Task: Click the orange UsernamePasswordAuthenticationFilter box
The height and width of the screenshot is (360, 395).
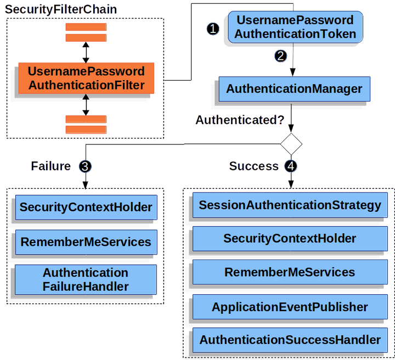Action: point(86,78)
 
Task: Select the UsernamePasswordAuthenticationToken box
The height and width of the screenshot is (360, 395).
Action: point(295,27)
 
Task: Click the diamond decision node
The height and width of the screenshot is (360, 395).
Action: point(291,145)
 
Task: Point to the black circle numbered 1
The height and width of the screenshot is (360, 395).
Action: point(213,29)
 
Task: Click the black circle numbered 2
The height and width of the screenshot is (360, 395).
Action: point(281,56)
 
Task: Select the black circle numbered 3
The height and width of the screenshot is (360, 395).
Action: point(85,166)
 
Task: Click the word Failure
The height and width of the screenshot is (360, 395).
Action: point(51,166)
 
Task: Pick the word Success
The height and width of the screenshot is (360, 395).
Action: point(253,166)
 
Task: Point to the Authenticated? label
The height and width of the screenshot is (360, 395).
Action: point(240,120)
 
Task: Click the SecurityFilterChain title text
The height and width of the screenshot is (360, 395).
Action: point(61,9)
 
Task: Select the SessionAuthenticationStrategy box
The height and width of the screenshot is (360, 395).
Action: point(290,205)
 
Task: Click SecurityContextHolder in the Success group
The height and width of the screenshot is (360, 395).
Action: point(290,239)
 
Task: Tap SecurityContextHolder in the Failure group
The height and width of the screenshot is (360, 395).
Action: point(86,207)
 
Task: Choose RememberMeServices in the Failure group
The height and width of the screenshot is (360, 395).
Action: point(86,241)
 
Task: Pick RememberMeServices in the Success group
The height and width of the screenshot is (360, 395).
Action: point(290,272)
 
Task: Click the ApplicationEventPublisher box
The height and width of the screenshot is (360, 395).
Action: point(290,306)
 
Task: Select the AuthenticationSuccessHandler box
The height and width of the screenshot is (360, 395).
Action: point(290,340)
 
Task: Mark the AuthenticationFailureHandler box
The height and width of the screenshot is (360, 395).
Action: point(86,279)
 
